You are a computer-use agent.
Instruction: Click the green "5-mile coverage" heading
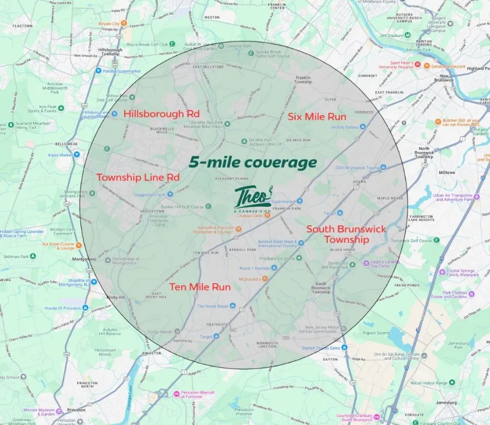(x=253, y=162)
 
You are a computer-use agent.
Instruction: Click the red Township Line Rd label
(x=138, y=177)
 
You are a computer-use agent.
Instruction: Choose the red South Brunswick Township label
(x=346, y=234)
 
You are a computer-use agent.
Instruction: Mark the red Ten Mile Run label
(x=200, y=287)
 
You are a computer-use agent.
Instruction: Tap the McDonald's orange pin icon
(x=265, y=279)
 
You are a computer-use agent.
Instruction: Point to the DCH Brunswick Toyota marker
(x=383, y=167)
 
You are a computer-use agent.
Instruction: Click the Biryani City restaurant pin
(x=124, y=23)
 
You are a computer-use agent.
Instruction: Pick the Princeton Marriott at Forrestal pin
(x=175, y=394)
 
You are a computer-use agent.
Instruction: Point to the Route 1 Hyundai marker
(x=274, y=268)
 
